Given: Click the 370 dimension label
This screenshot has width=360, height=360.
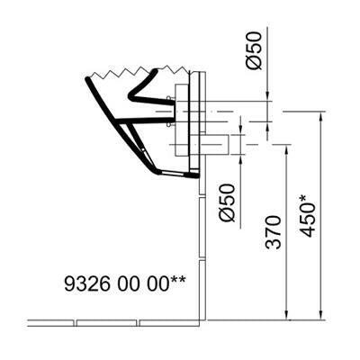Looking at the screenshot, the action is (x=274, y=232).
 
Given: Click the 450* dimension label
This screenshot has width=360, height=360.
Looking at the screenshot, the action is (x=307, y=216).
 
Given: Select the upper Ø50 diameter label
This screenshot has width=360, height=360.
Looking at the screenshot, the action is (x=254, y=50).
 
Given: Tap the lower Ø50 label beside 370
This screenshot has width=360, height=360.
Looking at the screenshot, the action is (x=227, y=202).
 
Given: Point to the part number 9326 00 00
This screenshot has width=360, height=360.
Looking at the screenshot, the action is (x=116, y=283).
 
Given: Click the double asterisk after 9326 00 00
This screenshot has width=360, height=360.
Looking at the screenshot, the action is (x=178, y=280).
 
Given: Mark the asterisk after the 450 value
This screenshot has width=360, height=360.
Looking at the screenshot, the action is (x=304, y=198).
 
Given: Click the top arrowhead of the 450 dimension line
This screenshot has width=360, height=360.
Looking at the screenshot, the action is (x=321, y=116).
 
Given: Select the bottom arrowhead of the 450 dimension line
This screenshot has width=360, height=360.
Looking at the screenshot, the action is (x=321, y=315).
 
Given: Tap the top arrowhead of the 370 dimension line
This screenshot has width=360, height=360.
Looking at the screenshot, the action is (x=286, y=149).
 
